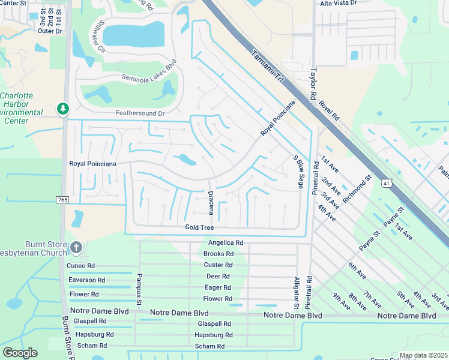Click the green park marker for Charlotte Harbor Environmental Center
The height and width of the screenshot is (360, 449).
62,109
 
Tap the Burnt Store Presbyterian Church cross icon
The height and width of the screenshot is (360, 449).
76,247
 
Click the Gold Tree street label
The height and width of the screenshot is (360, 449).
199,227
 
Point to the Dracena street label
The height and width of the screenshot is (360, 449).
211,202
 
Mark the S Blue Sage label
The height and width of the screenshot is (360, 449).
297,172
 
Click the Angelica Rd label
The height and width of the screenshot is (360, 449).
225,243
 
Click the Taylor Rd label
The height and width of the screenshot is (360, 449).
313,83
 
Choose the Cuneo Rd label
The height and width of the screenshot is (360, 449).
82,266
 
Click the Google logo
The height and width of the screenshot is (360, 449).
20,353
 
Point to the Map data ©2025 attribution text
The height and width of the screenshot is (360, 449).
423,355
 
